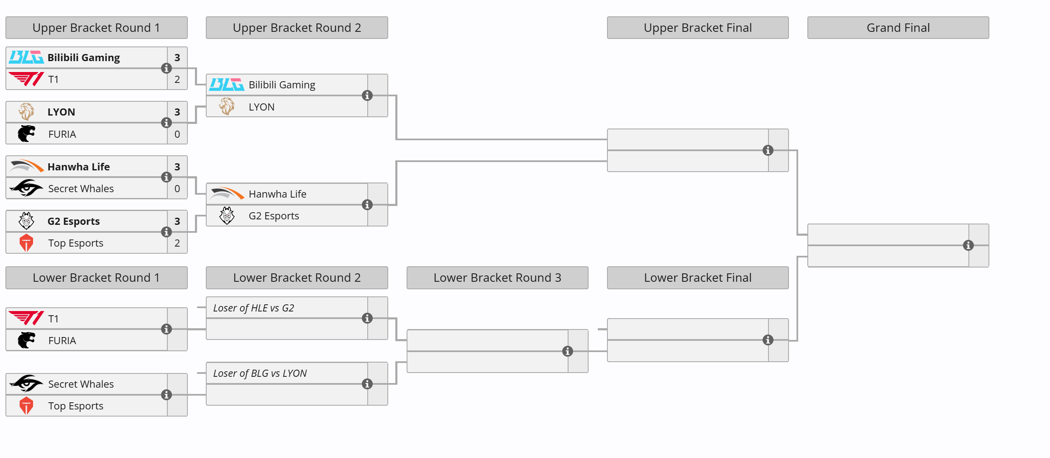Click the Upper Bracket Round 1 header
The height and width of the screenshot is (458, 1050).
pyautogui.click(x=96, y=28)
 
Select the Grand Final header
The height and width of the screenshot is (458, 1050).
pyautogui.click(x=898, y=28)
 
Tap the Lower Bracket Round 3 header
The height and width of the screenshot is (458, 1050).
pyautogui.click(x=497, y=278)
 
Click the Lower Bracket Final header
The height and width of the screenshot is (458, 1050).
pyautogui.click(x=698, y=278)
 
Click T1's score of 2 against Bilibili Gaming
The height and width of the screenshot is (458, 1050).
pyautogui.click(x=177, y=80)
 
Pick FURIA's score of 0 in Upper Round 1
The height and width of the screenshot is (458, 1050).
pyautogui.click(x=177, y=134)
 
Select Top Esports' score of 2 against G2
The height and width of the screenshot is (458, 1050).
pyautogui.click(x=177, y=243)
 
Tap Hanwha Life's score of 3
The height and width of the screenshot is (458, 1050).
pyautogui.click(x=177, y=167)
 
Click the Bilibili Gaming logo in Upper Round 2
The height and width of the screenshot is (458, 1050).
pyautogui.click(x=227, y=85)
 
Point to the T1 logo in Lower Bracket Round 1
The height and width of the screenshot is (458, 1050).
pyautogui.click(x=26, y=319)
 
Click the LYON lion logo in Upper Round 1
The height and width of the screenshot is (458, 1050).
pyautogui.click(x=26, y=112)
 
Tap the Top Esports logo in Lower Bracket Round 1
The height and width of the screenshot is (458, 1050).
pyautogui.click(x=26, y=406)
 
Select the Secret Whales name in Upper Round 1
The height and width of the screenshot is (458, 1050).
pyautogui.click(x=81, y=189)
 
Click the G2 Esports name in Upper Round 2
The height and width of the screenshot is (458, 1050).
pyautogui.click(x=274, y=216)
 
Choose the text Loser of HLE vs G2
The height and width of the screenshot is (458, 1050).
pyautogui.click(x=254, y=308)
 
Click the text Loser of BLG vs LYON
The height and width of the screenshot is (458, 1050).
pyautogui.click(x=260, y=373)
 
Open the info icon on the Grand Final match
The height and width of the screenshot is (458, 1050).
pyautogui.click(x=968, y=245)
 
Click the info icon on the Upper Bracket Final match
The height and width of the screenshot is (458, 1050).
pyautogui.click(x=768, y=150)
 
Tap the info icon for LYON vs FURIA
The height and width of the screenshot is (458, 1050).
pyautogui.click(x=166, y=123)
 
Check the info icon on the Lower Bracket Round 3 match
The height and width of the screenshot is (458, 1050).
pyautogui.click(x=568, y=351)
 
